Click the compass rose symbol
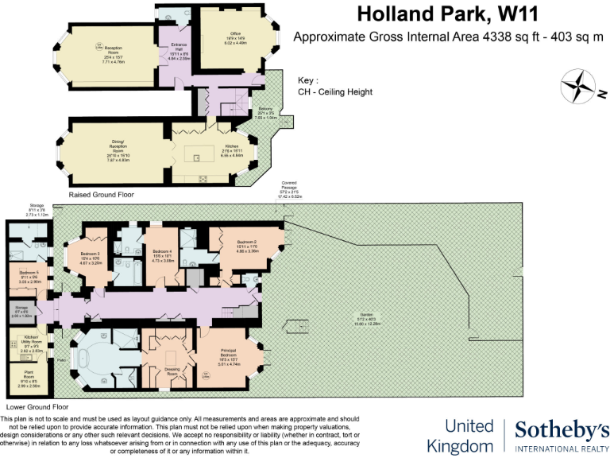(578, 87)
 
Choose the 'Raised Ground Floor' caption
(101, 194)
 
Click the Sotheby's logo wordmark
(562, 431)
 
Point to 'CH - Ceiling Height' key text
(335, 91)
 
